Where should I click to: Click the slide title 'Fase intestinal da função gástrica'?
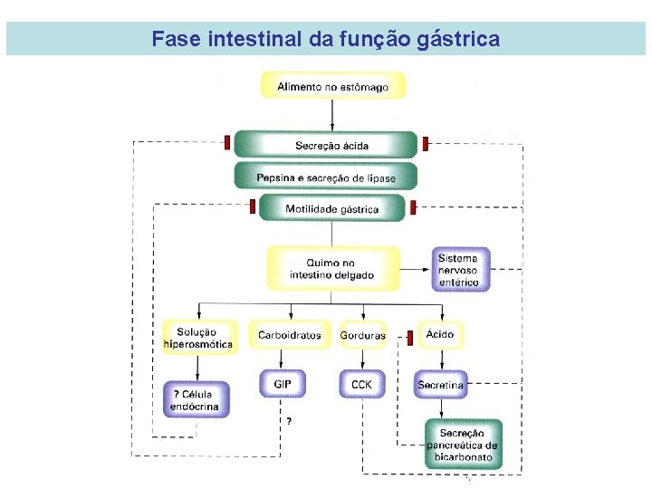click(x=325, y=39)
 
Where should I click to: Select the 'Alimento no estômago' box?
click(x=332, y=87)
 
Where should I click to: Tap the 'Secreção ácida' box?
click(x=326, y=145)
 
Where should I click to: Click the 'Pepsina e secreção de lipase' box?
click(x=326, y=177)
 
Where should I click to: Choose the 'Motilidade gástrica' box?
click(x=331, y=209)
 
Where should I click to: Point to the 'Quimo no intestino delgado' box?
click(x=332, y=269)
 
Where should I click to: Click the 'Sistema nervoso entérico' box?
click(x=460, y=270)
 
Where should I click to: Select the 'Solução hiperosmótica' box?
click(x=200, y=338)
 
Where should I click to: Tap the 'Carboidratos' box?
click(x=289, y=335)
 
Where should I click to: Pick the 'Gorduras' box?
click(x=362, y=335)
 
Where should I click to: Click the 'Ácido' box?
click(x=440, y=334)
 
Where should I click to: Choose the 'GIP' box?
click(x=283, y=384)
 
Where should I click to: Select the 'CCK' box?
click(x=361, y=384)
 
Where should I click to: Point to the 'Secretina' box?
click(x=440, y=385)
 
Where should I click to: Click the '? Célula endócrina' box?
click(x=196, y=400)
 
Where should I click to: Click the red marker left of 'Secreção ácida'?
click(x=227, y=142)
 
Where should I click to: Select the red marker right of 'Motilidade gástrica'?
click(x=413, y=207)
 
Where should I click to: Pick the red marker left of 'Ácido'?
click(x=409, y=338)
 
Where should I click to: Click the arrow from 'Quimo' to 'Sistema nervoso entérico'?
click(x=415, y=269)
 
